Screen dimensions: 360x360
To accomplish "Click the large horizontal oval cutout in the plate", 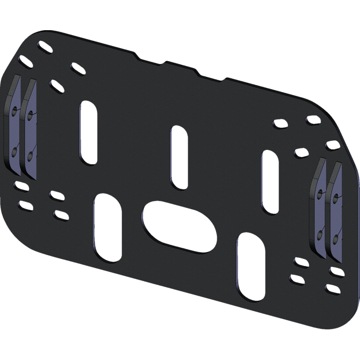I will (179, 225).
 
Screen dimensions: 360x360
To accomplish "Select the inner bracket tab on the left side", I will (29, 130).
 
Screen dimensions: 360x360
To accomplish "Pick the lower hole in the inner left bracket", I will (30, 155).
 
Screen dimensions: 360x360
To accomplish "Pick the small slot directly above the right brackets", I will (332, 145).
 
